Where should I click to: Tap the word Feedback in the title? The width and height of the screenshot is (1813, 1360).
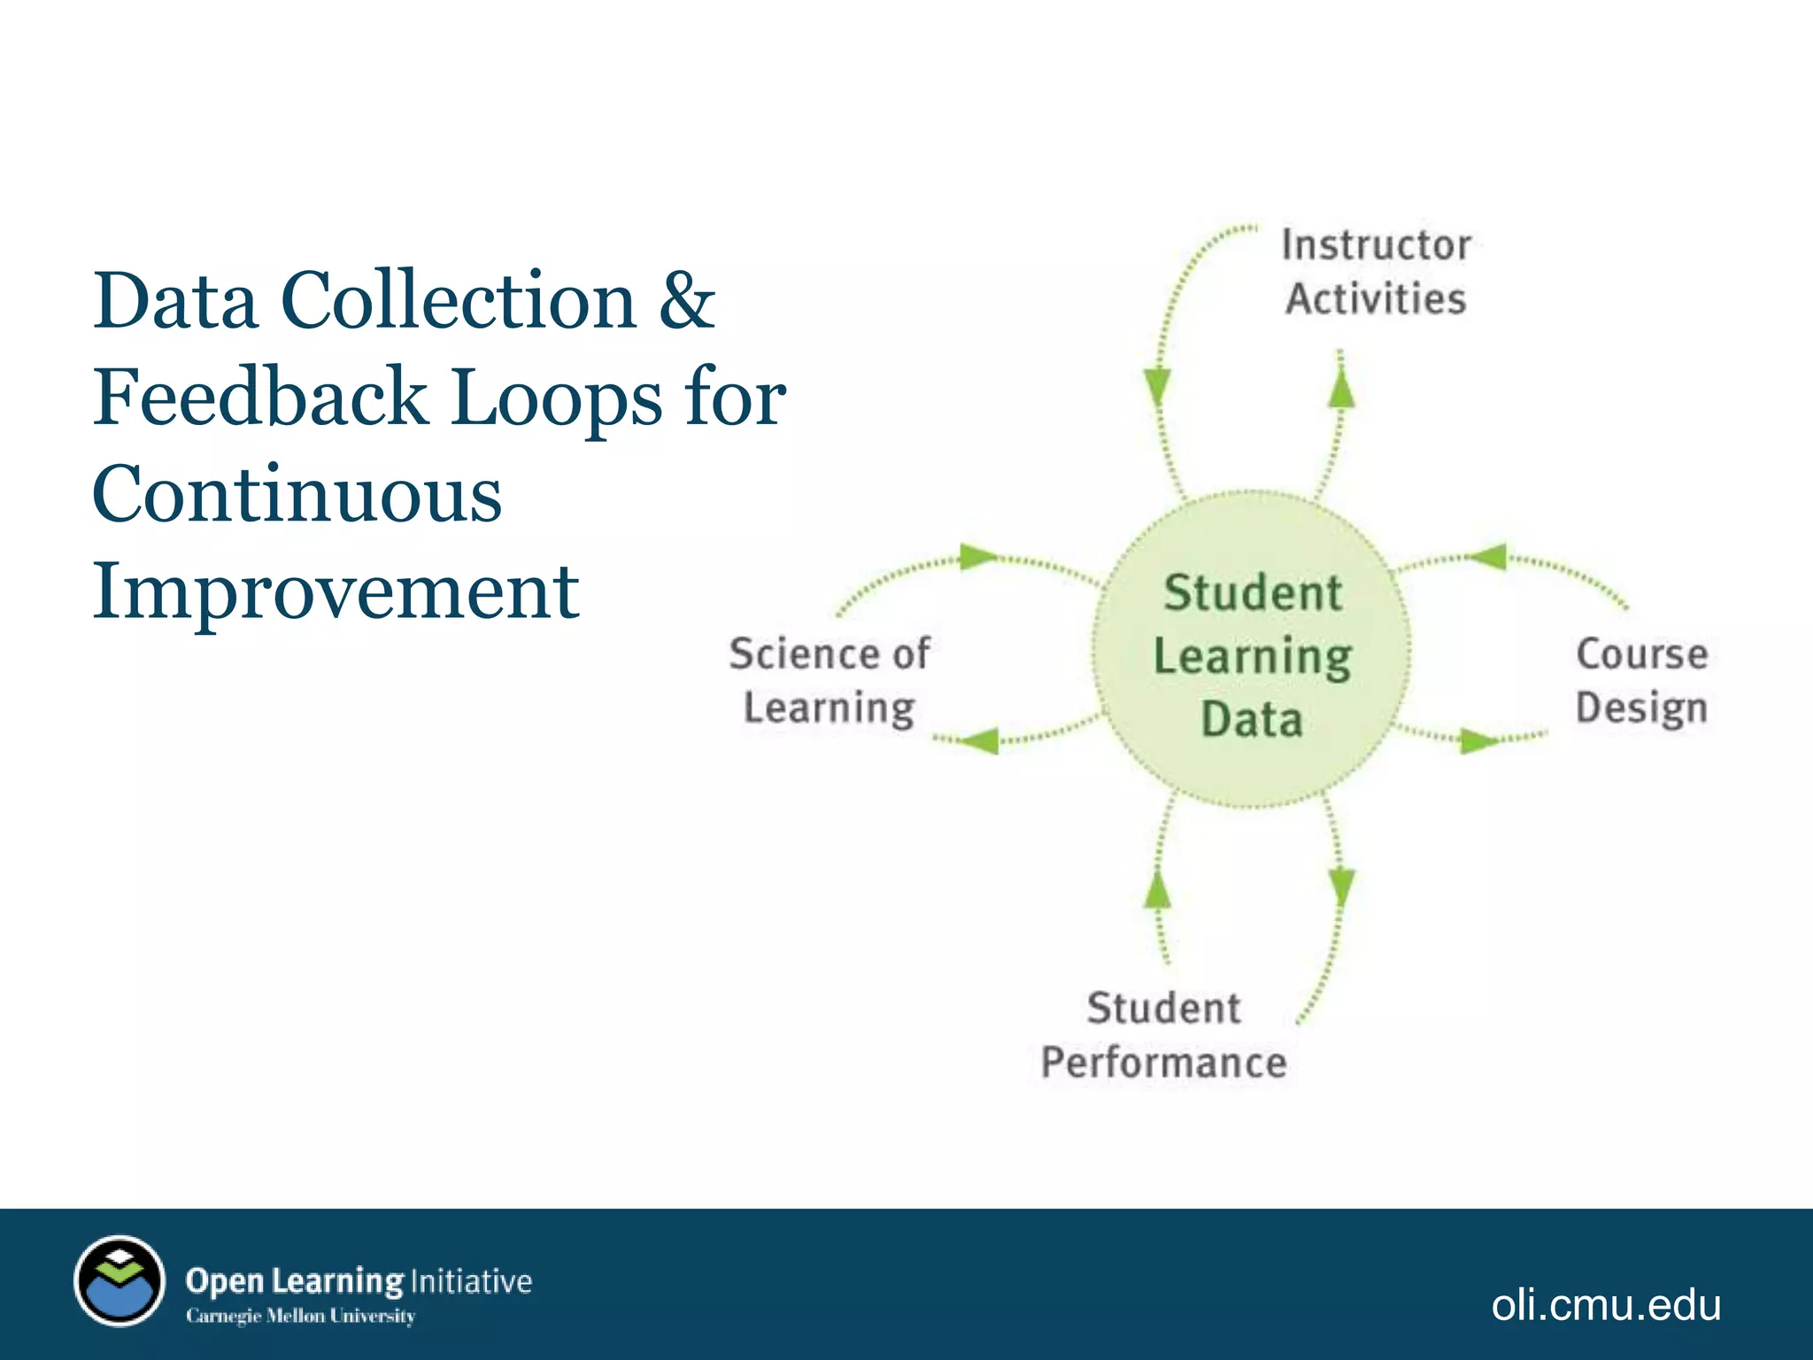(x=261, y=398)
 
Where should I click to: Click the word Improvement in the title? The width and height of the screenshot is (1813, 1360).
(x=336, y=591)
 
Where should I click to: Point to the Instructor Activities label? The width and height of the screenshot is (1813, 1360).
(x=1376, y=272)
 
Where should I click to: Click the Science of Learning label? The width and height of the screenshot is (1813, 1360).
(x=829, y=681)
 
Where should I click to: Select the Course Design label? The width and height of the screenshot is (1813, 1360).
(x=1641, y=681)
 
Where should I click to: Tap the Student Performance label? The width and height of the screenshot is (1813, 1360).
(x=1163, y=1035)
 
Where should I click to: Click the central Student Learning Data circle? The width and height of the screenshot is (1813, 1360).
(x=1252, y=651)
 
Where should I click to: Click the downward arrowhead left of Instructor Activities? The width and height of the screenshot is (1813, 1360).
(x=1157, y=387)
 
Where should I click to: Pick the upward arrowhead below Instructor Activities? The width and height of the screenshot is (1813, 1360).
(x=1342, y=388)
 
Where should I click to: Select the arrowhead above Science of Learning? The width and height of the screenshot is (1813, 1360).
(x=978, y=557)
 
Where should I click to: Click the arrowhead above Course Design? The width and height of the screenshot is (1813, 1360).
(x=1488, y=557)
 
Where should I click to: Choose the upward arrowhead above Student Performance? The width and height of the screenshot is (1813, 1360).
(x=1157, y=889)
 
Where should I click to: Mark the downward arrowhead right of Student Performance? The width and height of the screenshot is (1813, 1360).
(x=1342, y=885)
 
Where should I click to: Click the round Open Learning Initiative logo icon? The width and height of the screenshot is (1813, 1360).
(x=120, y=1280)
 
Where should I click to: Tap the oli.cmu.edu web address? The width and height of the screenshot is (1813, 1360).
(x=1606, y=1305)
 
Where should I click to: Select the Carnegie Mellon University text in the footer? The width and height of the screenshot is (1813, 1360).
(x=300, y=1316)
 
